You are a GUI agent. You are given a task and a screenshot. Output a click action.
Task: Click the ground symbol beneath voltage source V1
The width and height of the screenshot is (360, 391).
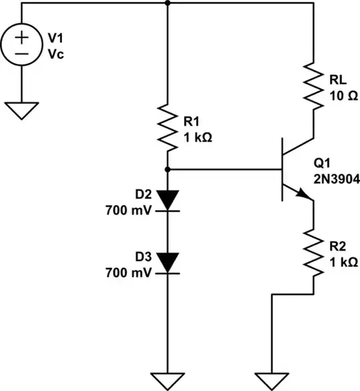tap(22, 109)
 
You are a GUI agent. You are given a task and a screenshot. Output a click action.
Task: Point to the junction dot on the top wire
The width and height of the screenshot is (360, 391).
tap(167, 3)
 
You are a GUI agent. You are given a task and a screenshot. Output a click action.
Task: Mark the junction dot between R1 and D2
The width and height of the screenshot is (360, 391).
tap(167, 170)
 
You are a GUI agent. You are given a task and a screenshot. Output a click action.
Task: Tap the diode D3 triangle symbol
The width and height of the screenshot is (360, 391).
tap(167, 262)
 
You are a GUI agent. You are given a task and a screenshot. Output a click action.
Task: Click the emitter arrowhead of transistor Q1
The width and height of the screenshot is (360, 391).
tap(305, 194)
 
